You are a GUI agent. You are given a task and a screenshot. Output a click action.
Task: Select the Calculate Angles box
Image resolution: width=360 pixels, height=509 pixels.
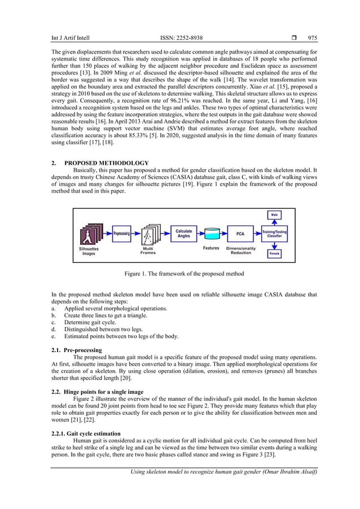pos(183,233)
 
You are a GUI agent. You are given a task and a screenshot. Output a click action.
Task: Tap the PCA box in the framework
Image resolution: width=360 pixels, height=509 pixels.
pos(240,232)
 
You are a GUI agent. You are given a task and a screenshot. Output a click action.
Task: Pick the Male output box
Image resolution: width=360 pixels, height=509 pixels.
pos(274,214)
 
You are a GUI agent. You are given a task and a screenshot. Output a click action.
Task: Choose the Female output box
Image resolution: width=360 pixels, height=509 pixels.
pos(274,254)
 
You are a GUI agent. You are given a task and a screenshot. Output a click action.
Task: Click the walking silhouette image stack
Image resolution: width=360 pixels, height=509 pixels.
pos(90,233)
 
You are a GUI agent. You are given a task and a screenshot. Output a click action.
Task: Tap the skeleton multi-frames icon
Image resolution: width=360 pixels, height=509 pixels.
pos(149,234)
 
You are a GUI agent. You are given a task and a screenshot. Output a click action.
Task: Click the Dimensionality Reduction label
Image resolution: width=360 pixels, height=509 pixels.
pos(241,251)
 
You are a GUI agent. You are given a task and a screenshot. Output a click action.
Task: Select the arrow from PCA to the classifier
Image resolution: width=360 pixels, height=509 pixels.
pos(257,232)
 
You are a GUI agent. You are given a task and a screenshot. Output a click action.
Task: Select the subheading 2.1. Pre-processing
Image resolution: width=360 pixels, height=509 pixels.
pos(76,350)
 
